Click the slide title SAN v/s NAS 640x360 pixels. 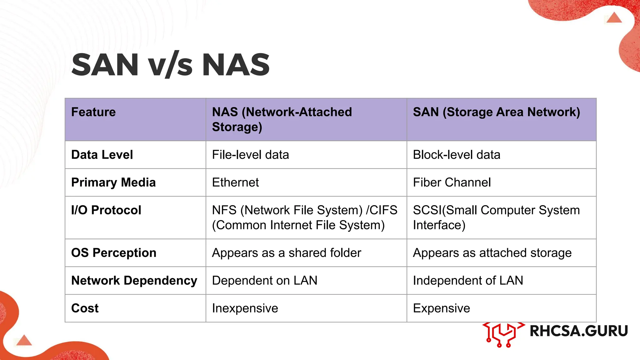pos(170,65)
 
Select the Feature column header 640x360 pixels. pos(93,112)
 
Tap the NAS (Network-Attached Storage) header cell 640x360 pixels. pos(282,119)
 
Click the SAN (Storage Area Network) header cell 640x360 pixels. pos(496,112)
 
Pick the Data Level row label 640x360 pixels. pos(102,155)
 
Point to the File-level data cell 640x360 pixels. pos(250,155)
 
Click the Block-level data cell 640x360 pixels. pos(456,155)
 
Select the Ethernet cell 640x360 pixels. pos(235,182)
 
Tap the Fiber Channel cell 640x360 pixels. pos(452,182)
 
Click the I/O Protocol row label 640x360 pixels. pos(106,210)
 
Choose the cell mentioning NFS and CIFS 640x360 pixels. pos(304,217)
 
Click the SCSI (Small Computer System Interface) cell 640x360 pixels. pos(496,217)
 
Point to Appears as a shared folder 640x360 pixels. pos(286,253)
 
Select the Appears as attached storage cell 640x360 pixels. pos(492,253)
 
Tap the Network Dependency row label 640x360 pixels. pos(134,281)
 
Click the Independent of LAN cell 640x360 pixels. pos(468,281)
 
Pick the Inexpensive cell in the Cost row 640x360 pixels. pos(245,308)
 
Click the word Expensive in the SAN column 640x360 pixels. pos(441,308)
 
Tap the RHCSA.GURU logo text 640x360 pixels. pos(578,331)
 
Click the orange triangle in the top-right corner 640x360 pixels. pos(614,18)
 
